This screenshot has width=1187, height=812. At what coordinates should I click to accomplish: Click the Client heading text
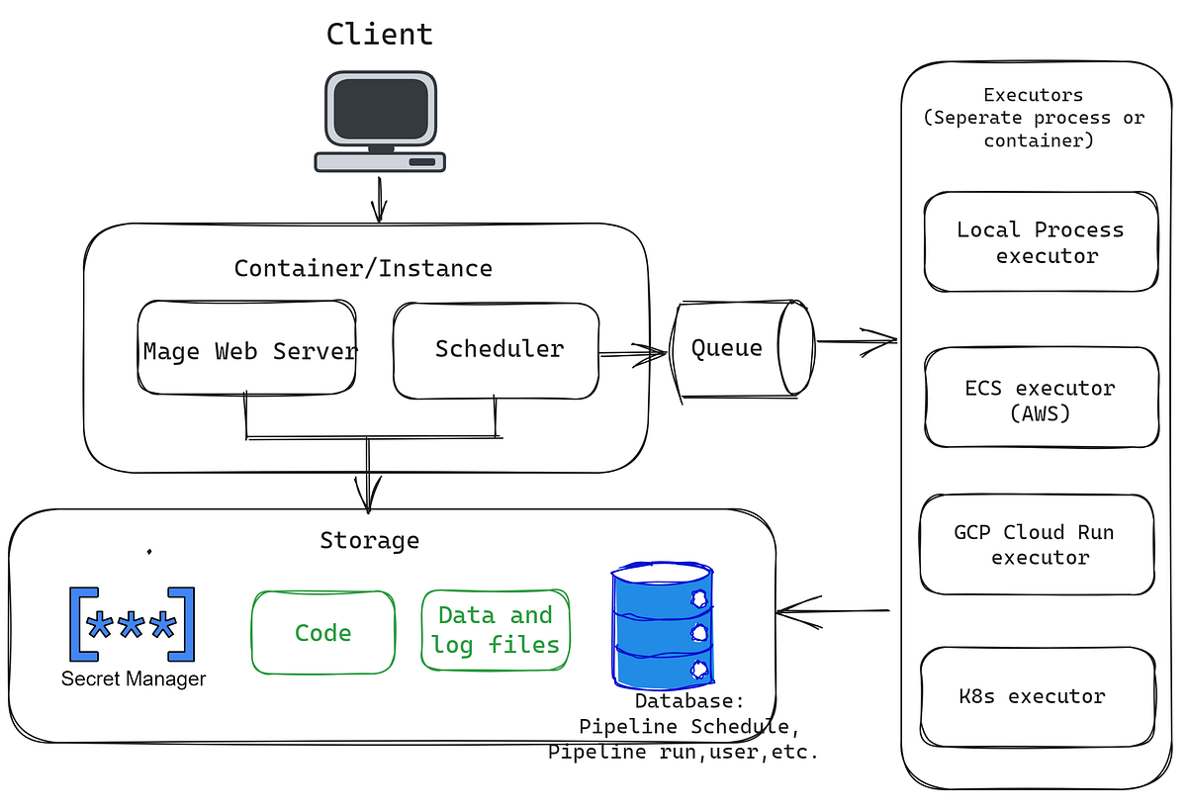(x=380, y=34)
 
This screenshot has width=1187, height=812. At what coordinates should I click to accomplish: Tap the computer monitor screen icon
(x=380, y=109)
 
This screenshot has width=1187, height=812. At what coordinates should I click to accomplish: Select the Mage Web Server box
(x=248, y=349)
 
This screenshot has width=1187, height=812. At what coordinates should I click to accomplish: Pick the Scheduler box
(x=497, y=349)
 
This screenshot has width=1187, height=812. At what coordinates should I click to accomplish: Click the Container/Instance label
(x=363, y=268)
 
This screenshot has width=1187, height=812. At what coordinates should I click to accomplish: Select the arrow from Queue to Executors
(x=855, y=342)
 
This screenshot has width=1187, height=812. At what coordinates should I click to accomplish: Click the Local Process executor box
(x=1040, y=242)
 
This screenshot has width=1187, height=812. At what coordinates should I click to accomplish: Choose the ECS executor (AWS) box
(x=1040, y=399)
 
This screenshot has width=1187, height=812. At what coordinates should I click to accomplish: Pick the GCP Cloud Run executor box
(x=1038, y=544)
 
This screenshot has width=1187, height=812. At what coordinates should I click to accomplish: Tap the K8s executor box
(x=1038, y=696)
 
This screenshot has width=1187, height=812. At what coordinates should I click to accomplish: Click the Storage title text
(x=369, y=541)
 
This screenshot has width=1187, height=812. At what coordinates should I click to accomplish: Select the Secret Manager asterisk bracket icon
(x=132, y=624)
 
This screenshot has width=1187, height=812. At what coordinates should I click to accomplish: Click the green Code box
(x=322, y=633)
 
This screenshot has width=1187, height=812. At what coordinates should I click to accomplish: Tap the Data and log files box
(x=495, y=630)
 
